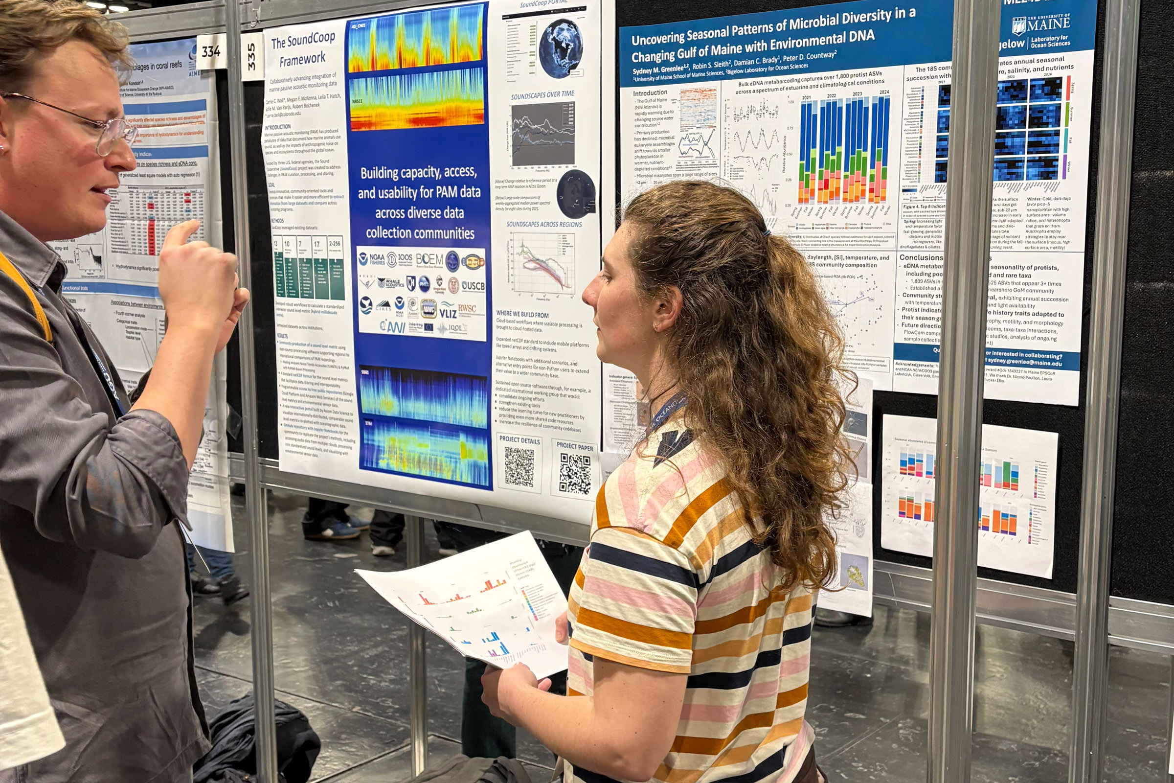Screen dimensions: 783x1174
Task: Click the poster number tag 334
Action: click(x=211, y=51)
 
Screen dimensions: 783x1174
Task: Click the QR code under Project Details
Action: click(x=519, y=466)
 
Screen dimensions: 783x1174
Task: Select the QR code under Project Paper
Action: click(x=575, y=473)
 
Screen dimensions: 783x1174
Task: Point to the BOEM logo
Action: click(x=429, y=259)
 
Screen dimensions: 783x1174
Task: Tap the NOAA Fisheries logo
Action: click(x=372, y=259)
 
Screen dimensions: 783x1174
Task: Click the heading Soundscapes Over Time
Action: click(x=542, y=95)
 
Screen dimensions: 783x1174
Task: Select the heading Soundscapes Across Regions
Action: click(x=543, y=225)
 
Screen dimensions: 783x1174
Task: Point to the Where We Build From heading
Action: click(x=522, y=315)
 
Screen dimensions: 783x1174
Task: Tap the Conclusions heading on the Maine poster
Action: click(x=921, y=258)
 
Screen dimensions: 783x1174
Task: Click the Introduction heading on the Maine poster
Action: click(x=650, y=93)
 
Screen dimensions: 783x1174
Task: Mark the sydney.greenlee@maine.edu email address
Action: click(x=1023, y=363)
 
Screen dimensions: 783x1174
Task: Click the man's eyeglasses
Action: click(x=100, y=130)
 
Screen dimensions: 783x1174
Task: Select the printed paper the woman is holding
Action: click(x=469, y=604)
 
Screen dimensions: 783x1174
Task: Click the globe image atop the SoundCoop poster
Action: click(x=561, y=48)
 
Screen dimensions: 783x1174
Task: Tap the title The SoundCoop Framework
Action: click(x=302, y=50)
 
